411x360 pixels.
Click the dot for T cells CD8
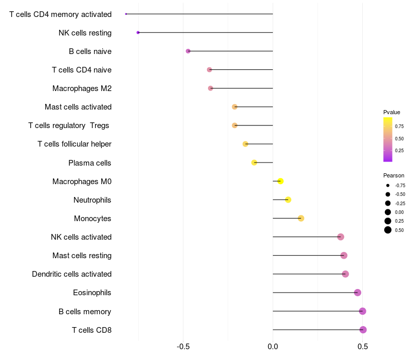(363, 330)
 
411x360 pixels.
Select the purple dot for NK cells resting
(138, 32)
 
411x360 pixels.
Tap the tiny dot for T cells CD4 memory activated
(126, 14)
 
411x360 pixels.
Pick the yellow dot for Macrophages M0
(281, 181)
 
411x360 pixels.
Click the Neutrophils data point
(288, 200)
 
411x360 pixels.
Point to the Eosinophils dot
(358, 293)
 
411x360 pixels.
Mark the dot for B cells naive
(188, 51)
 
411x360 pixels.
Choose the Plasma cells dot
(254, 163)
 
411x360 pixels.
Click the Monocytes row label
(92, 219)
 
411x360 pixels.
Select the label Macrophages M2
(82, 88)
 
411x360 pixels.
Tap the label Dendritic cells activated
(72, 274)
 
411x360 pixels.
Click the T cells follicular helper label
(74, 144)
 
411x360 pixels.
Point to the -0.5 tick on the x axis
(183, 347)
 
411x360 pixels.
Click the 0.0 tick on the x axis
(273, 347)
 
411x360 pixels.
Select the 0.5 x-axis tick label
(363, 347)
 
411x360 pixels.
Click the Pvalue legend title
(391, 112)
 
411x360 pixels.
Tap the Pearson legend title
(394, 175)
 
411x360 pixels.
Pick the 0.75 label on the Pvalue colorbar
(399, 127)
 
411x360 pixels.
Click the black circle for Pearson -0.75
(388, 186)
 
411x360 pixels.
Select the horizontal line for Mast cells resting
(308, 255)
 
